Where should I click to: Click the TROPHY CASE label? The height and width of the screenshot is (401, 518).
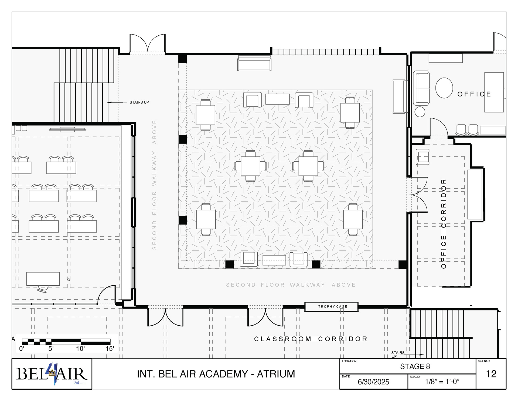(x=332, y=306)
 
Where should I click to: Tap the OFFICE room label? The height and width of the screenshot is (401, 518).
(x=474, y=94)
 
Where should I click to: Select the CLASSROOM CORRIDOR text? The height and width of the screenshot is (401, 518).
(x=311, y=339)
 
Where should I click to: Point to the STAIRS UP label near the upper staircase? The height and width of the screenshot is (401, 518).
(x=139, y=102)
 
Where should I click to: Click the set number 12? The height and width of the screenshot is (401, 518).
(x=491, y=374)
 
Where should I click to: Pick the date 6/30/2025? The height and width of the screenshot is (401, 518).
(x=373, y=382)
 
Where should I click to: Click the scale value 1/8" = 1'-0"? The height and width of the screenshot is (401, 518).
(x=442, y=382)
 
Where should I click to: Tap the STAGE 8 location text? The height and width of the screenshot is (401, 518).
(x=415, y=366)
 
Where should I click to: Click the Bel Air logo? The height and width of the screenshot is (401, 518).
(x=52, y=374)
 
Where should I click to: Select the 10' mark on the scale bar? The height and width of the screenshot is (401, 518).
(x=80, y=349)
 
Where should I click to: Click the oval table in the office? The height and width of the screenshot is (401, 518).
(x=444, y=88)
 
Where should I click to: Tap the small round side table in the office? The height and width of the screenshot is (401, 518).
(x=420, y=112)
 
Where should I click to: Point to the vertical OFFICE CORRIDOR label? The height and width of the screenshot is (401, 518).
(x=444, y=223)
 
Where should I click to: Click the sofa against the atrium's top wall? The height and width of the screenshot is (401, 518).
(x=254, y=63)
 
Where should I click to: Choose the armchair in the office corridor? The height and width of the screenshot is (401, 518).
(x=422, y=157)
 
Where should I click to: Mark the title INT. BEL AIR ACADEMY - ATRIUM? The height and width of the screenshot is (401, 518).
(x=216, y=374)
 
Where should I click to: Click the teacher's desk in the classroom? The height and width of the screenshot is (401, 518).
(x=43, y=279)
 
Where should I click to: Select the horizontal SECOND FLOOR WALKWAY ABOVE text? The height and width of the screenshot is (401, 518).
(x=291, y=285)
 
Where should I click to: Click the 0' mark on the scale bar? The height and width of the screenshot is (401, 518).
(x=22, y=349)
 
